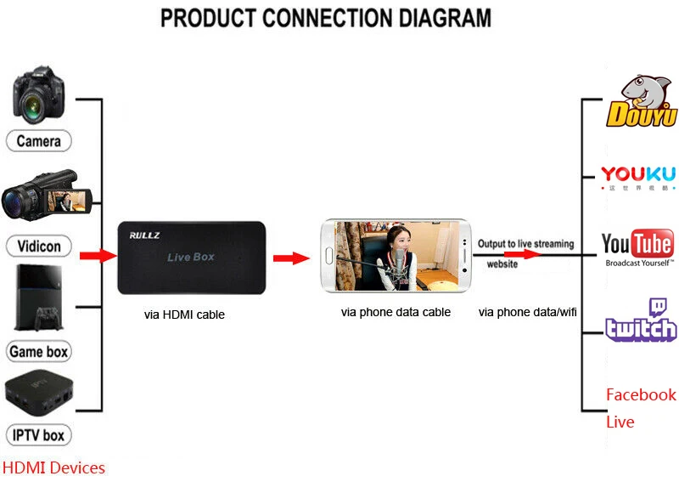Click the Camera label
point(39,140)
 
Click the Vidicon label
point(39,246)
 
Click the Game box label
point(39,352)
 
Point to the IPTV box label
point(39,435)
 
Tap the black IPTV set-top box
point(39,393)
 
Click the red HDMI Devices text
point(53,467)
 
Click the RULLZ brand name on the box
point(139,232)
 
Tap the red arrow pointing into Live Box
point(97,255)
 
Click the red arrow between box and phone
point(290,258)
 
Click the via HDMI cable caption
point(184,314)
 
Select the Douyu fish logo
point(641,102)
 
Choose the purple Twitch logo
point(641,321)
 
